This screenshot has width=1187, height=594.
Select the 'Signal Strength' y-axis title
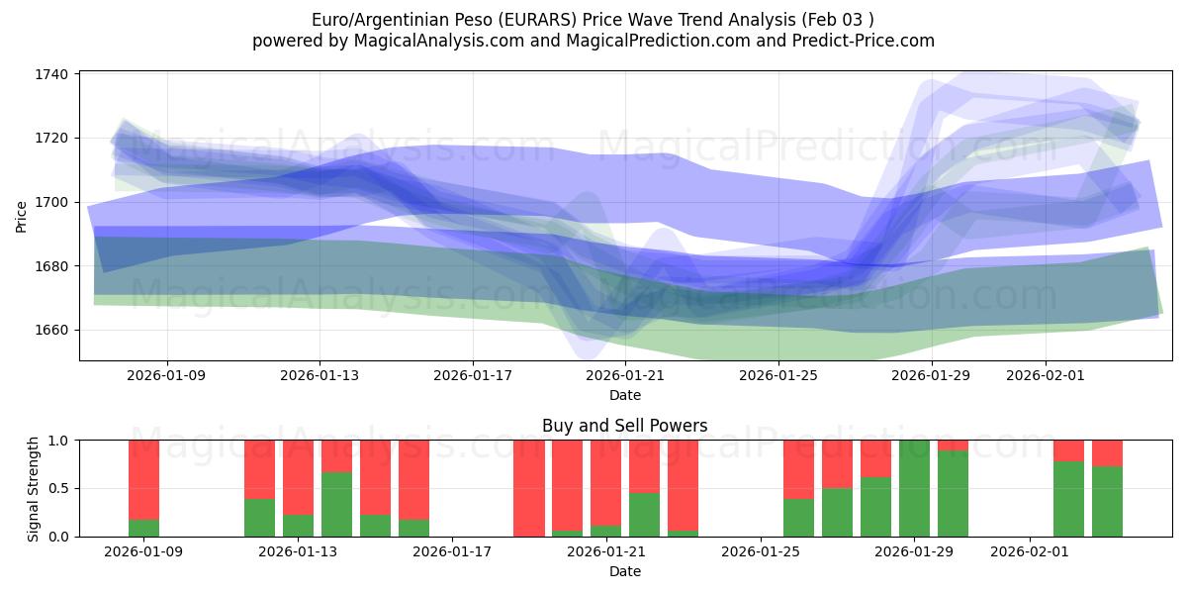tap(33, 488)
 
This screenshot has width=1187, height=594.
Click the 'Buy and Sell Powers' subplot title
tap(624, 426)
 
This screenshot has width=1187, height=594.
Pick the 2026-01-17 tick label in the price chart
tap(472, 375)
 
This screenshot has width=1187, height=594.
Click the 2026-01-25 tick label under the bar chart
tap(761, 551)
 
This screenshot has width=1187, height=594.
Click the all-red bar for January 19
tap(529, 488)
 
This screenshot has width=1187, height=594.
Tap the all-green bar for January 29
tap(914, 488)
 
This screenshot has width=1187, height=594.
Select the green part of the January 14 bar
tap(336, 505)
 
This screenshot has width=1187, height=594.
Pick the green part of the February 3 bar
tap(1107, 502)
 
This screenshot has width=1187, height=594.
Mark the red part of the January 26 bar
tap(798, 468)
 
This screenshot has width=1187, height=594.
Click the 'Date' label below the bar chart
tap(624, 571)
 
